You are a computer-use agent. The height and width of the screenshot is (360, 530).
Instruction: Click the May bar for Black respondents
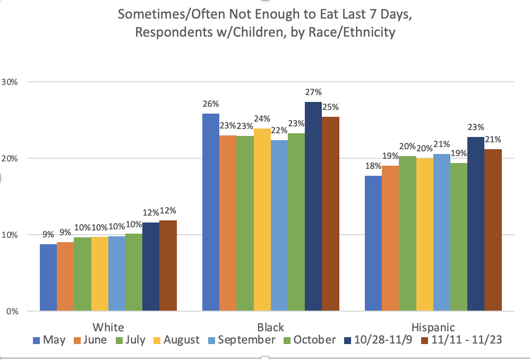211,212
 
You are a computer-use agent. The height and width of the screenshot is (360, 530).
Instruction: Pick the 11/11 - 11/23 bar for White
168,265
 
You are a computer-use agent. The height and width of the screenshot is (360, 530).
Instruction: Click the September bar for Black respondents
279,226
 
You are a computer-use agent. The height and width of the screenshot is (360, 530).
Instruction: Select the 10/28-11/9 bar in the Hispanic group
476,224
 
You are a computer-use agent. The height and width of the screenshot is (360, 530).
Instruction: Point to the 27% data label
313,92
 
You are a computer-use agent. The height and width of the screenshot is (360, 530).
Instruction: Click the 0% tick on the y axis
12,311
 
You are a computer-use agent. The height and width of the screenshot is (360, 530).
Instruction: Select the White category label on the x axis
108,327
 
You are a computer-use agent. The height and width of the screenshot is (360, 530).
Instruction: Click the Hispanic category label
433,327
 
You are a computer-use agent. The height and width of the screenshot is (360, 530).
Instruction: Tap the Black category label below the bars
271,327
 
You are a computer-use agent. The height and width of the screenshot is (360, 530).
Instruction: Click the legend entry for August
178,340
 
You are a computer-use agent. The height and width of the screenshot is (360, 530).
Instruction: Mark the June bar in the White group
65,276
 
